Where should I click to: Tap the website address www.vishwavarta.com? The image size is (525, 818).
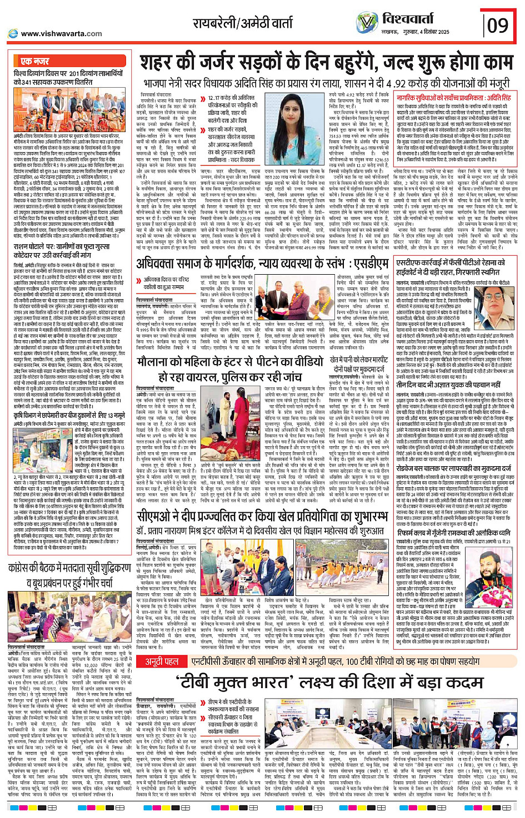tap(61, 34)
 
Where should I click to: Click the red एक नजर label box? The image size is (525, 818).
tap(34, 61)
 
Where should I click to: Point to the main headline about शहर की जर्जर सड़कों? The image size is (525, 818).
tap(326, 63)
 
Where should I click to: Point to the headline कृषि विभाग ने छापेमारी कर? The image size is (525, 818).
tap(69, 415)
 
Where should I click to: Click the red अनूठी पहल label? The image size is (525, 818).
tap(162, 662)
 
